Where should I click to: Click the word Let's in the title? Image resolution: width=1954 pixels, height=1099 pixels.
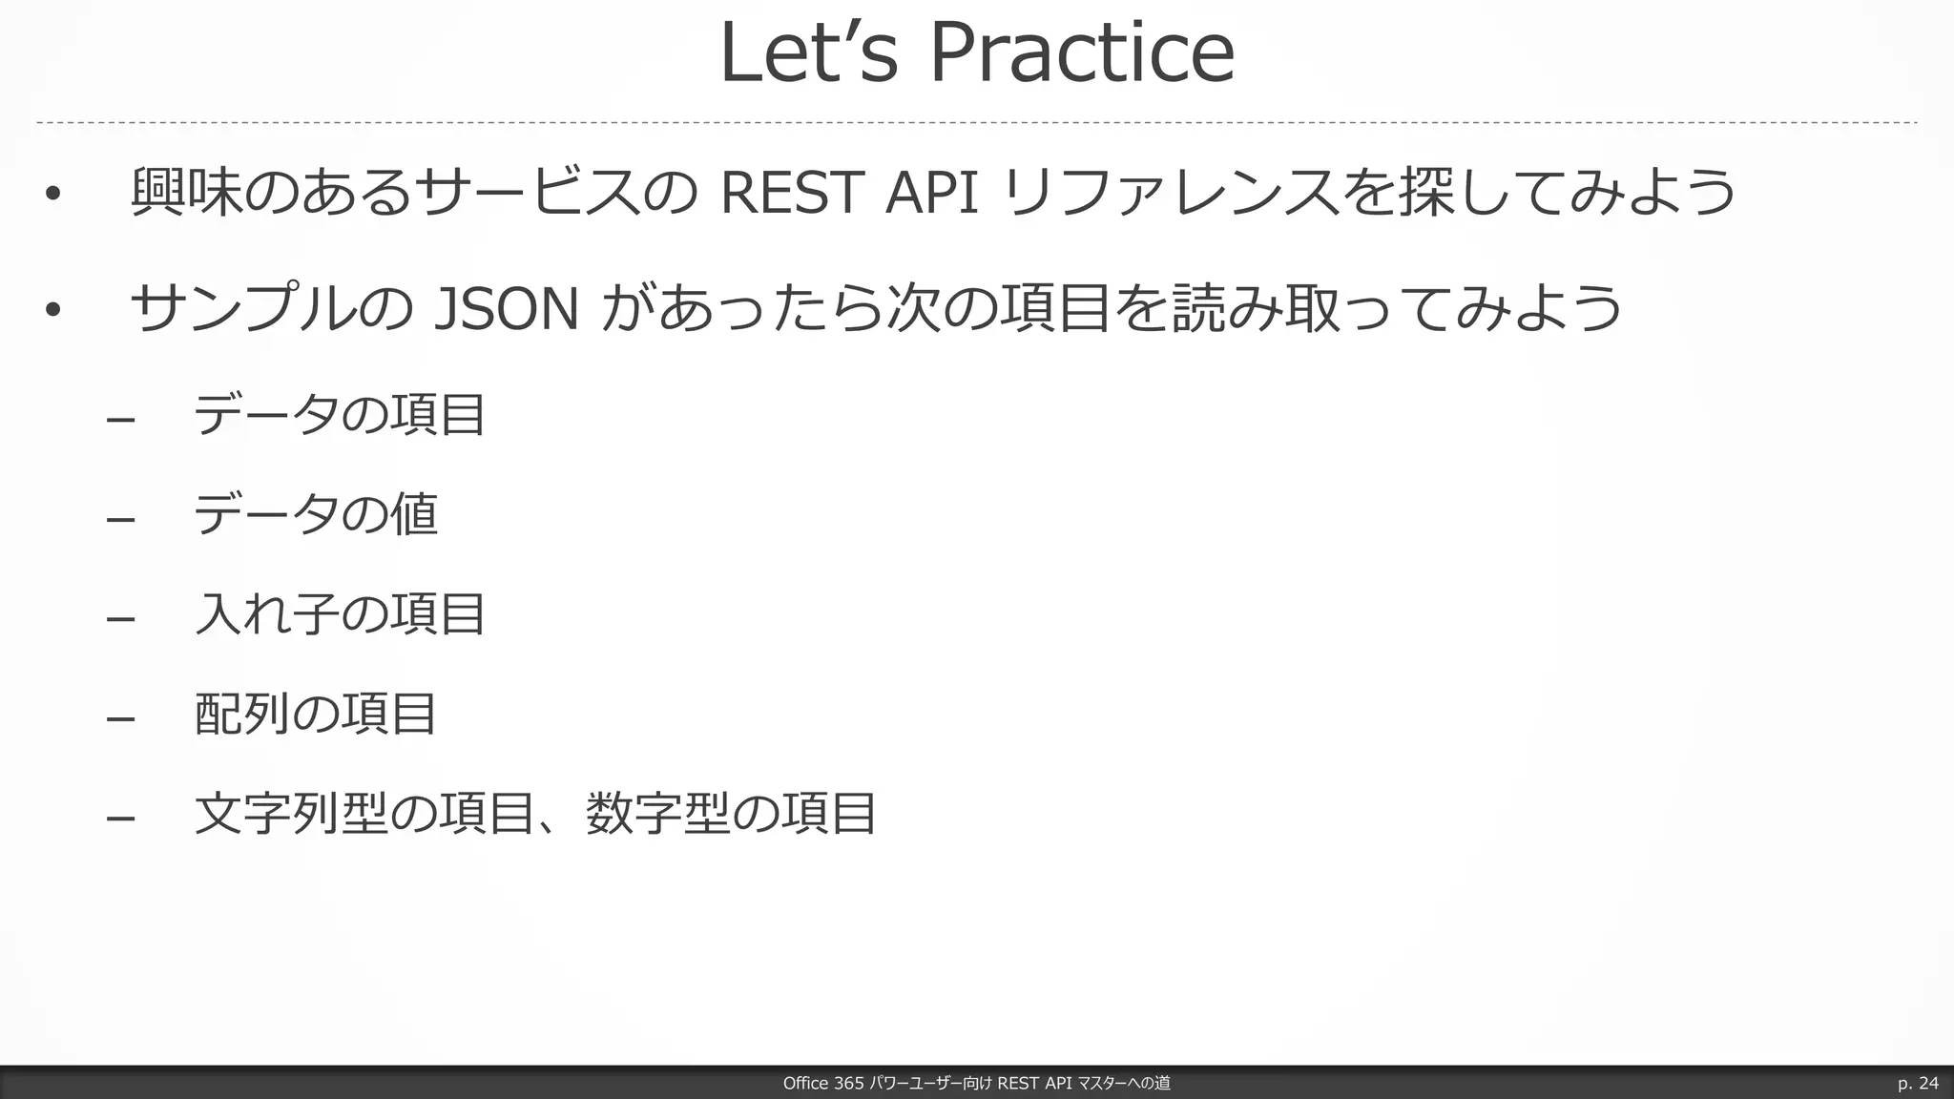(x=808, y=53)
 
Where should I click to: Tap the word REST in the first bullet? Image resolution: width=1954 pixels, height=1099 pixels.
(x=791, y=192)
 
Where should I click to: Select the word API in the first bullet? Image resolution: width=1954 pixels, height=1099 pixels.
(x=931, y=192)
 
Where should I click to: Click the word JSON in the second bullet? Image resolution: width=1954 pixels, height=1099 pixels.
(x=506, y=309)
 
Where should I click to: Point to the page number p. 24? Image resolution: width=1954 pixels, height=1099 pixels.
(x=1917, y=1083)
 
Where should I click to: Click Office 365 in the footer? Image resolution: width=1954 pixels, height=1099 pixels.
(x=822, y=1083)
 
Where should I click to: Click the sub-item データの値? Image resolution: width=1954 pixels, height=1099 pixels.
(x=315, y=514)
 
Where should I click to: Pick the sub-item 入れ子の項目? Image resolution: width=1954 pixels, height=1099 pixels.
(x=340, y=613)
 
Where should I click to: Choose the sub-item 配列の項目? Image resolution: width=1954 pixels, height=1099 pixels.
(x=315, y=714)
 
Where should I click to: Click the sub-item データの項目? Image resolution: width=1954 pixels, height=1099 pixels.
(x=340, y=415)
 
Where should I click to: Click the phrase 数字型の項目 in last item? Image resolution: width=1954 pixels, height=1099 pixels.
(x=730, y=814)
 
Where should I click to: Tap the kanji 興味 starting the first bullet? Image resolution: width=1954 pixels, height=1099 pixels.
(x=186, y=192)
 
